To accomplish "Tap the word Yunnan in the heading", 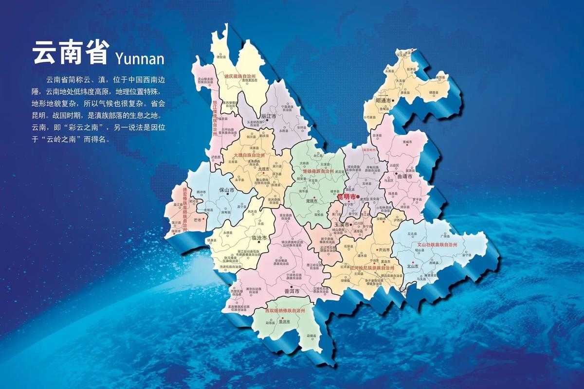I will tap(140, 58).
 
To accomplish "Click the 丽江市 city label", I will tap(268, 117).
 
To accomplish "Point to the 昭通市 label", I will tap(383, 101).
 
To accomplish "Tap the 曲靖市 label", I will tap(404, 177).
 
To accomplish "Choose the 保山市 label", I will tap(227, 190).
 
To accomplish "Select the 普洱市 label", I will tap(291, 290).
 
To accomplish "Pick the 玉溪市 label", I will tap(343, 225).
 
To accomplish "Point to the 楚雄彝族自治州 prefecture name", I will tap(318, 171).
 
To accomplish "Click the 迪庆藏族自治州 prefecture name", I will tap(239, 76).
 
